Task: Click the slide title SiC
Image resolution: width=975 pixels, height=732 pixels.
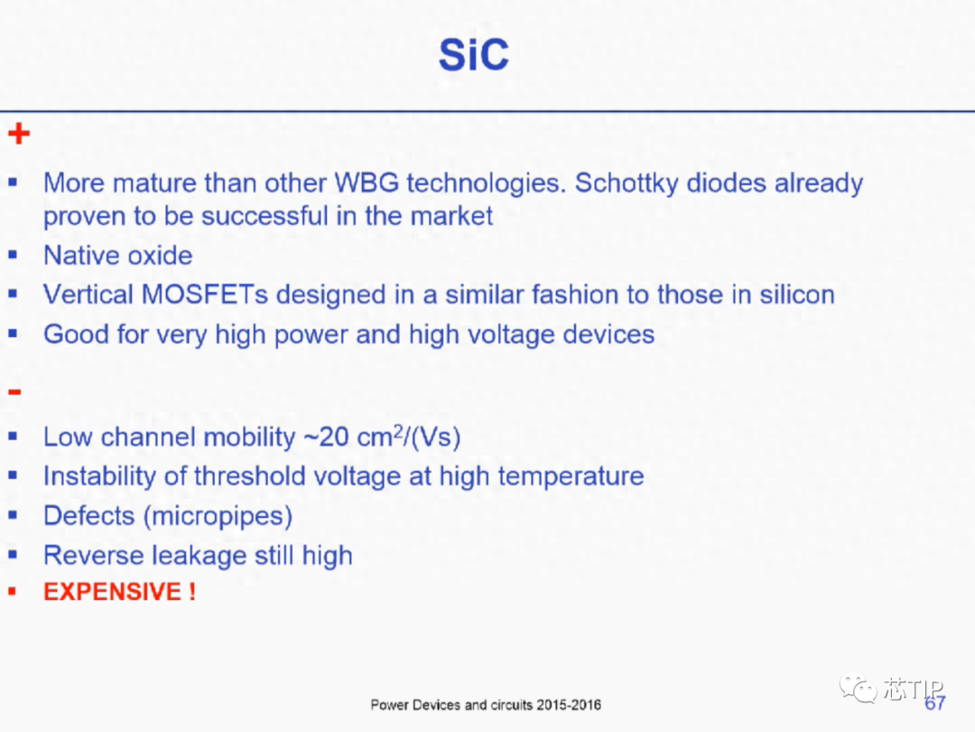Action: (x=474, y=55)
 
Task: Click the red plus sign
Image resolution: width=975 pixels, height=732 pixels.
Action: (x=19, y=133)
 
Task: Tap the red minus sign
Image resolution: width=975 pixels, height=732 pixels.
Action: (x=14, y=391)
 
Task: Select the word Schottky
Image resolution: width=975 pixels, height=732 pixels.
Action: (x=627, y=183)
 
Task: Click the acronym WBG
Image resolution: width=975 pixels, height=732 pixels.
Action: (x=367, y=183)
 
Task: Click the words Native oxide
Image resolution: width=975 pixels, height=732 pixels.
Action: (x=118, y=255)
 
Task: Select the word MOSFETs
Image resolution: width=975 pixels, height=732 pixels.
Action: (x=205, y=295)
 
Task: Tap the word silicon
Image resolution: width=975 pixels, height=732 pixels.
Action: (x=797, y=295)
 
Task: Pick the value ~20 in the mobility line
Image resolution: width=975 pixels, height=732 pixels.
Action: (x=327, y=437)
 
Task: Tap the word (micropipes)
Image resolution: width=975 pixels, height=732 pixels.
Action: (x=218, y=516)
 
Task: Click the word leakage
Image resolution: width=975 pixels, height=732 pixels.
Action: (x=199, y=556)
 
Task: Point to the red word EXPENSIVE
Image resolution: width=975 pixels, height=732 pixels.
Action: (x=113, y=591)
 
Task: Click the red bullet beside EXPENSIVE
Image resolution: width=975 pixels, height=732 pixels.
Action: (x=12, y=591)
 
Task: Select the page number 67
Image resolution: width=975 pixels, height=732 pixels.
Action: (x=934, y=703)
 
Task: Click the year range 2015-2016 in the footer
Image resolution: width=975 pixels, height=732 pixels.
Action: (x=569, y=705)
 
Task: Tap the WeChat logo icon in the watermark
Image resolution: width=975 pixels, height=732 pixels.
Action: (x=859, y=688)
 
